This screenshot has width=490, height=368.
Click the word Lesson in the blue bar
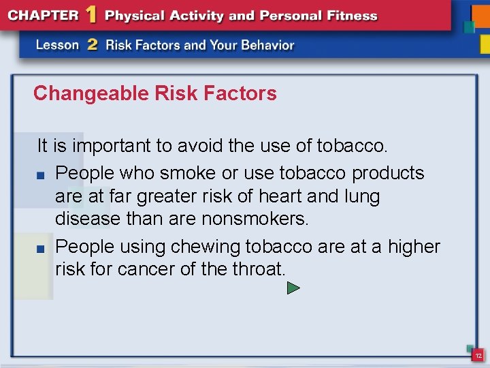click(x=58, y=45)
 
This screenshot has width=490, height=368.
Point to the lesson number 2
click(x=93, y=45)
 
